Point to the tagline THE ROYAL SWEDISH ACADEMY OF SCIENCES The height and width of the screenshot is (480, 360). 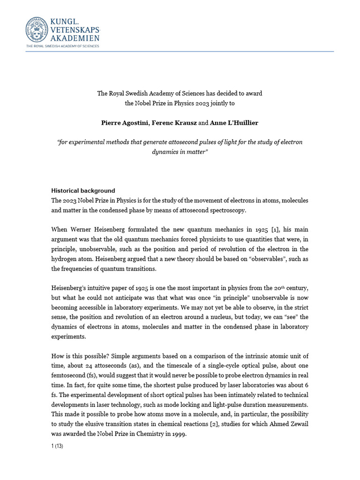coord(62,46)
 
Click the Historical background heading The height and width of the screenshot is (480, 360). coord(82,191)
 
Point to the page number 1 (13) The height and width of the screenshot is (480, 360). coord(57,446)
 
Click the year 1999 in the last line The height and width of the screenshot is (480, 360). coord(179,434)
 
